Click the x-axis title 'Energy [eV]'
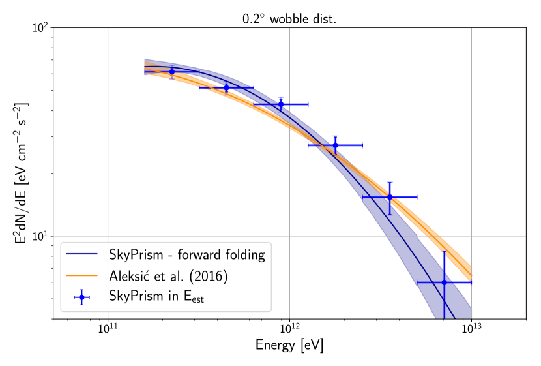(289, 345)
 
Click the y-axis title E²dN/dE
(22, 173)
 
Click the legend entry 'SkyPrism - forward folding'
(187, 254)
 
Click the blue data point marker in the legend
(81, 297)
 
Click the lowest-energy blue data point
(172, 72)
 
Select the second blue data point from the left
(226, 87)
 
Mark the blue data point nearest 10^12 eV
(281, 104)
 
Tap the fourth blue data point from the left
(335, 145)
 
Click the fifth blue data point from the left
(390, 196)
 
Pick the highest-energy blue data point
(444, 282)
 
